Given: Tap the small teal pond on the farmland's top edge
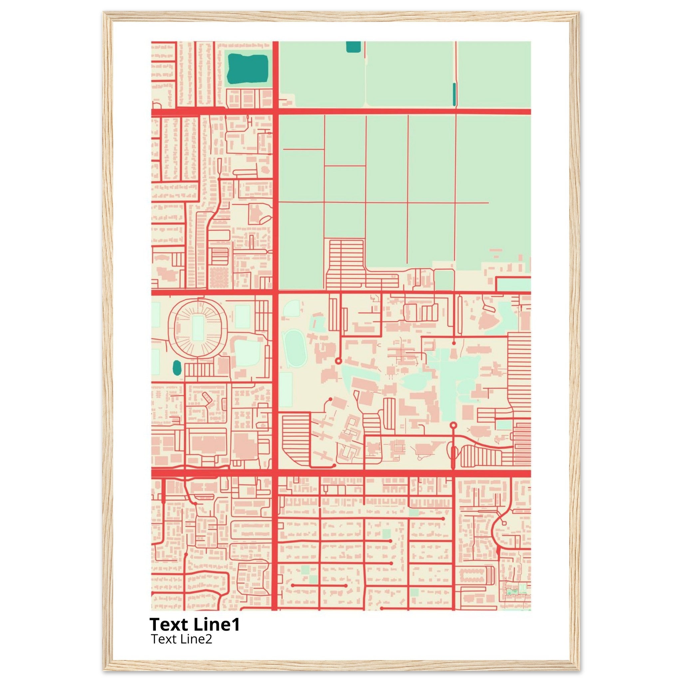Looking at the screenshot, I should (x=353, y=47).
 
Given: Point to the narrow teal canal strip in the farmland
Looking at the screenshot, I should (x=454, y=94).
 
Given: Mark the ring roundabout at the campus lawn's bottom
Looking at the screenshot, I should (x=454, y=425).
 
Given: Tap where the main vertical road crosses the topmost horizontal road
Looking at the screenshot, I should (x=275, y=112).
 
